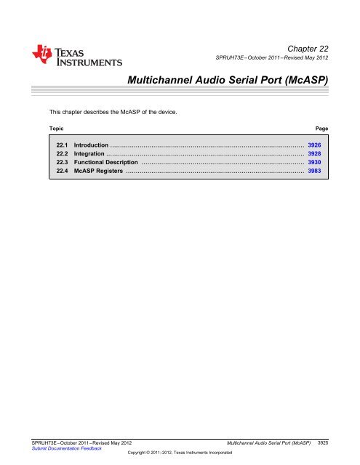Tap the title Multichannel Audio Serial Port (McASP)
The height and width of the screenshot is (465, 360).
[x=225, y=78]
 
